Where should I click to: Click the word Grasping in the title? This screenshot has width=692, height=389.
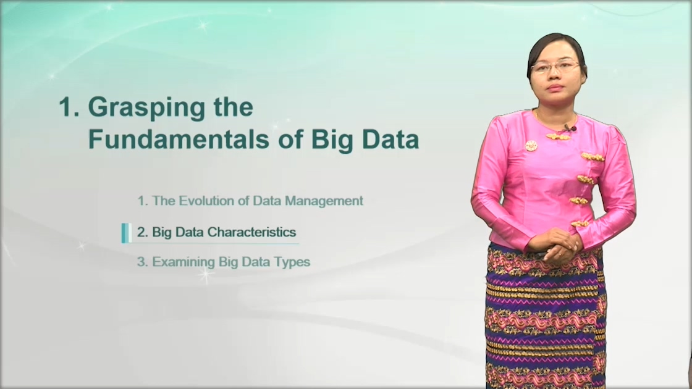click(146, 108)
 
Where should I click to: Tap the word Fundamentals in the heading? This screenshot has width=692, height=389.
click(179, 140)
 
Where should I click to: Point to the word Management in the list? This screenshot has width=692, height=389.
click(324, 201)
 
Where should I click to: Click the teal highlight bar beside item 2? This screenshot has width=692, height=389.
click(126, 233)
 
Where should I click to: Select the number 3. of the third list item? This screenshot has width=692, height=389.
click(142, 262)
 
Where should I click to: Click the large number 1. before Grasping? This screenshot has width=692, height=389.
click(69, 107)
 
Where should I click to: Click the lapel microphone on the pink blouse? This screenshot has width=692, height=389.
click(570, 128)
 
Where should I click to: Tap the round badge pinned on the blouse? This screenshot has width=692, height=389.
click(531, 146)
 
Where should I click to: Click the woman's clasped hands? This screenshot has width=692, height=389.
click(555, 245)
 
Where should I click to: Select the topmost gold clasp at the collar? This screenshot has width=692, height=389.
click(559, 136)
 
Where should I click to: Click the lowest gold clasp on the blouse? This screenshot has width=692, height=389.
click(580, 224)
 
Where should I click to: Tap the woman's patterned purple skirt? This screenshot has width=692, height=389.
click(546, 317)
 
